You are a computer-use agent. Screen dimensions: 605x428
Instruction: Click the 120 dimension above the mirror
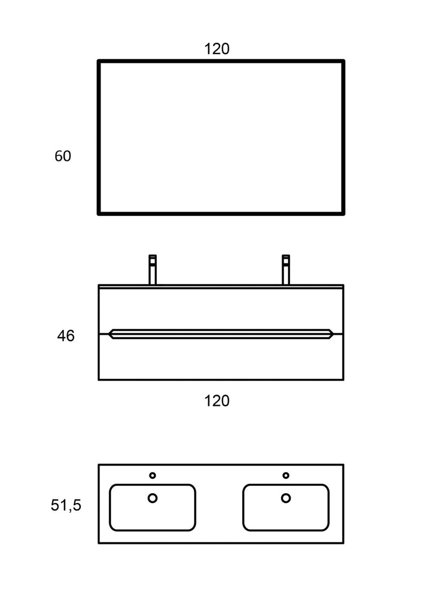tap(217, 49)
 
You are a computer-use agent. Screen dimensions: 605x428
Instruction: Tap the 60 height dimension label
tap(63, 157)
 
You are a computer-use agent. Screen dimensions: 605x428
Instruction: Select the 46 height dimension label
tap(66, 336)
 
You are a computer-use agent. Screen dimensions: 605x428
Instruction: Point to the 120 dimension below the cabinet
tap(217, 400)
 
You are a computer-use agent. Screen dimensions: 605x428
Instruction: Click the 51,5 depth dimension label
tap(66, 505)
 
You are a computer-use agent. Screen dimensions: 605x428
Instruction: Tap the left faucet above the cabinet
tap(152, 270)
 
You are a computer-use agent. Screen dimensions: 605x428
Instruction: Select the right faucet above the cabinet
tap(286, 270)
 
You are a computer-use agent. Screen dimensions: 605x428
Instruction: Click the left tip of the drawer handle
tap(110, 334)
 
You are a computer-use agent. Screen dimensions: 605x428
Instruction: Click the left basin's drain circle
tap(152, 498)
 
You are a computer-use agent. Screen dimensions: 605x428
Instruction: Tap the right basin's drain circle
tap(286, 498)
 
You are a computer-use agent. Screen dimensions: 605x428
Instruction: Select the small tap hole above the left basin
tap(152, 475)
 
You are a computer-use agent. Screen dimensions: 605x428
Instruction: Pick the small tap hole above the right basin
tap(286, 475)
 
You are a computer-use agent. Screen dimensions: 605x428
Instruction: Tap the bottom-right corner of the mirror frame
tap(342, 214)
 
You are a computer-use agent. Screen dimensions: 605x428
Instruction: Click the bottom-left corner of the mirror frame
tap(99, 214)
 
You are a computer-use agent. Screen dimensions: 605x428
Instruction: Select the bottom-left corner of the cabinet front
tap(99, 380)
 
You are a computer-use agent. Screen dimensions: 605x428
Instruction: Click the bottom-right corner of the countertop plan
tap(343, 543)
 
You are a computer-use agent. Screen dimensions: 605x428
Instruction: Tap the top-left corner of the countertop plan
tap(99, 465)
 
